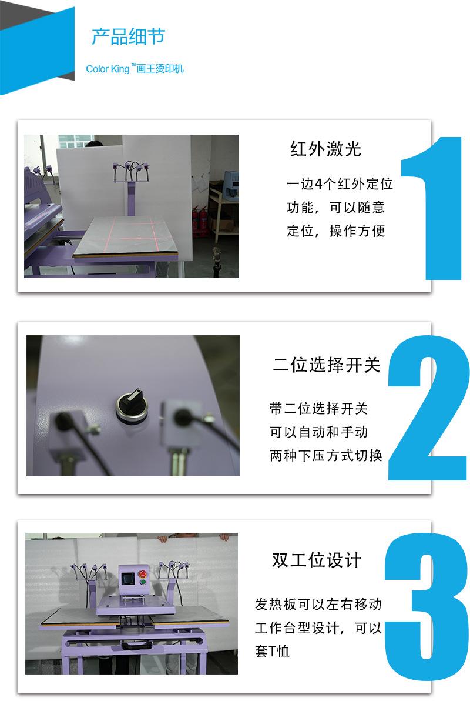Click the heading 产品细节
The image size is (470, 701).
[129, 36]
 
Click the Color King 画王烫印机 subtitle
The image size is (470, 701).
[135, 68]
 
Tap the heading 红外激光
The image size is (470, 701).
[325, 149]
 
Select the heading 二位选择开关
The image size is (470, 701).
[326, 365]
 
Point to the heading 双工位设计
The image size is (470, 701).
[317, 560]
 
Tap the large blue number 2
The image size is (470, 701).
[428, 408]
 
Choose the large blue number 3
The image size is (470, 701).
[426, 607]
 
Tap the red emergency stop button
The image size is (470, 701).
[143, 573]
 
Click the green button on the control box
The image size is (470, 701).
[143, 582]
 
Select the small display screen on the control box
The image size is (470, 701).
[127, 578]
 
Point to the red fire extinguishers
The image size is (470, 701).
[200, 221]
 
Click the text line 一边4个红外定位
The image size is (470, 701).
[340, 183]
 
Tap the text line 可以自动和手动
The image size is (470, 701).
[318, 432]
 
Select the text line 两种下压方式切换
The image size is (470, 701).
[325, 456]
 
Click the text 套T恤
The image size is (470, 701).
[272, 651]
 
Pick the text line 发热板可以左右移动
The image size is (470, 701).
[318, 604]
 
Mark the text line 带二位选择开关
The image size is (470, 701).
[318, 408]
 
